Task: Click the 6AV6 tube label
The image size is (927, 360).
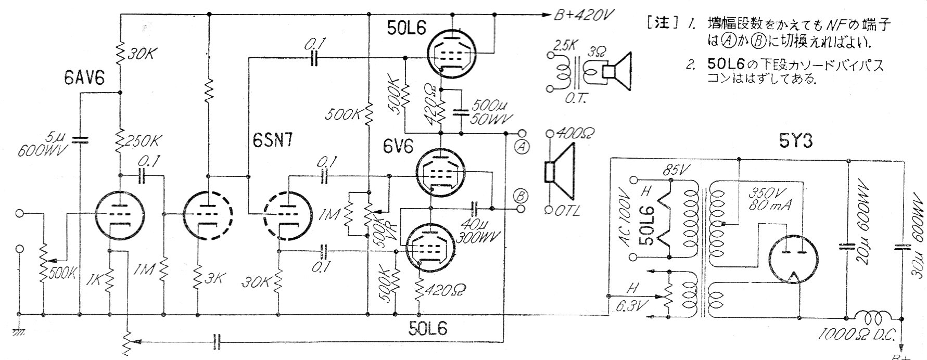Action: point(84,79)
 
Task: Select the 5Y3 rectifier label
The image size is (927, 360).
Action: point(795,142)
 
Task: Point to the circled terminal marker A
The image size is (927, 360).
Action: point(522,147)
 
